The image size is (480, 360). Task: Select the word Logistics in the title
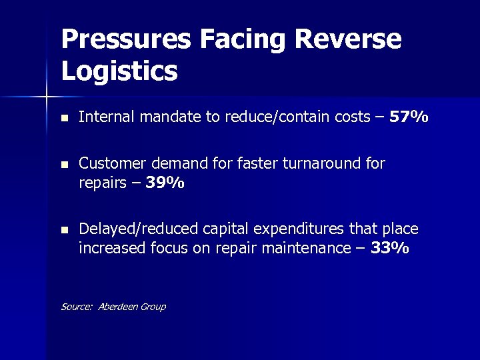[119, 70]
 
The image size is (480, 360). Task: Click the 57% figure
[409, 118]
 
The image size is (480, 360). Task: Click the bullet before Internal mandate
[63, 119]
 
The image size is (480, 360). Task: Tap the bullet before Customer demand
[63, 165]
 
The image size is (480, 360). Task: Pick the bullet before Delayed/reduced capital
[63, 230]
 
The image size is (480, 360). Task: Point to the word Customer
[110, 164]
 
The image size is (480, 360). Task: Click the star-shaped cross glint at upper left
[47, 97]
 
